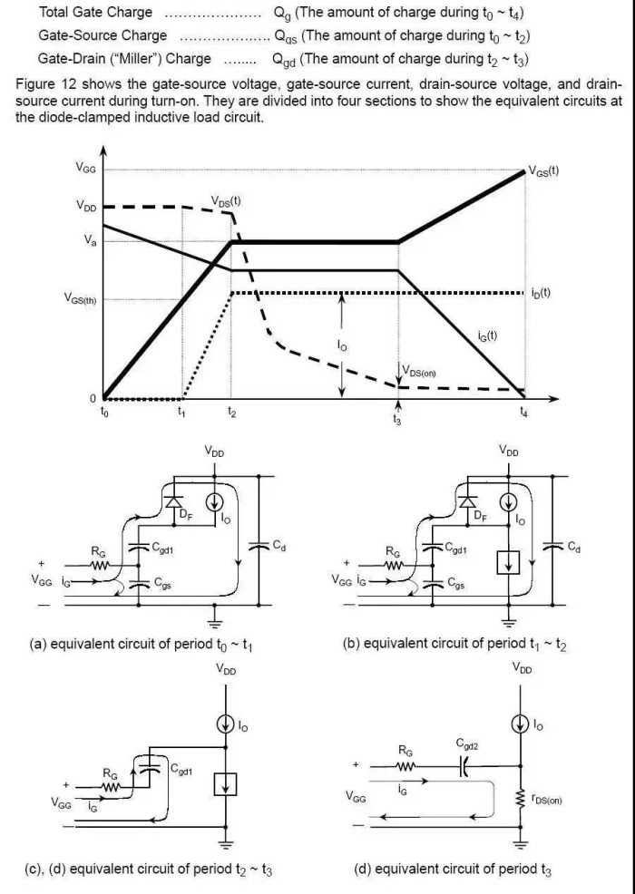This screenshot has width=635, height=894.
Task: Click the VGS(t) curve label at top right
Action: coord(543,171)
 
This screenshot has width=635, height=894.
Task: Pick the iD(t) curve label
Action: coord(542,293)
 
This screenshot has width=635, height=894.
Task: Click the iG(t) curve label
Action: coord(488,336)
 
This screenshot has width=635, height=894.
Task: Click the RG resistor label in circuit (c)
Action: coord(111,774)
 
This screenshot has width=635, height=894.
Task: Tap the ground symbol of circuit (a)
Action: coord(214,622)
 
